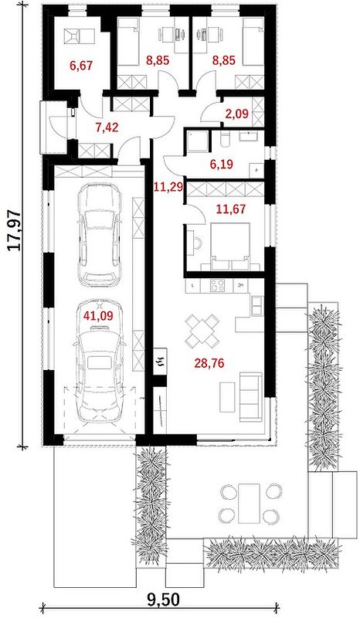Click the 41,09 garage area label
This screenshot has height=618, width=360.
pyautogui.click(x=98, y=315)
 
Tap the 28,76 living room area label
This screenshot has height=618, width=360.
pyautogui.click(x=209, y=362)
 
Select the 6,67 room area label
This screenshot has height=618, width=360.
pyautogui.click(x=81, y=65)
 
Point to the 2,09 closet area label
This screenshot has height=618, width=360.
pyautogui.click(x=236, y=114)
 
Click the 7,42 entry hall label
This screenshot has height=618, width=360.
pyautogui.click(x=107, y=127)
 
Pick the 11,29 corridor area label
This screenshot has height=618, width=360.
pyautogui.click(x=168, y=186)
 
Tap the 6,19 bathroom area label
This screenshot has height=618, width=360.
pyautogui.click(x=221, y=164)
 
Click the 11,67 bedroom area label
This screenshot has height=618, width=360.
pyautogui.click(x=231, y=209)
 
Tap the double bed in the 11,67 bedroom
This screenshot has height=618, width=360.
pyautogui.click(x=230, y=246)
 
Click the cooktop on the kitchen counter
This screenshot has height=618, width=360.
pyautogui.click(x=217, y=285)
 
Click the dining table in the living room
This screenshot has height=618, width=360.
pyautogui.click(x=202, y=330)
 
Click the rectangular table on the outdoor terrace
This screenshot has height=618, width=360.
pyautogui.click(x=249, y=504)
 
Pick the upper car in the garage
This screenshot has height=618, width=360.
pyautogui.click(x=99, y=235)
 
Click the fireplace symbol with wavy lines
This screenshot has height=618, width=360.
pyautogui.click(x=161, y=362)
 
